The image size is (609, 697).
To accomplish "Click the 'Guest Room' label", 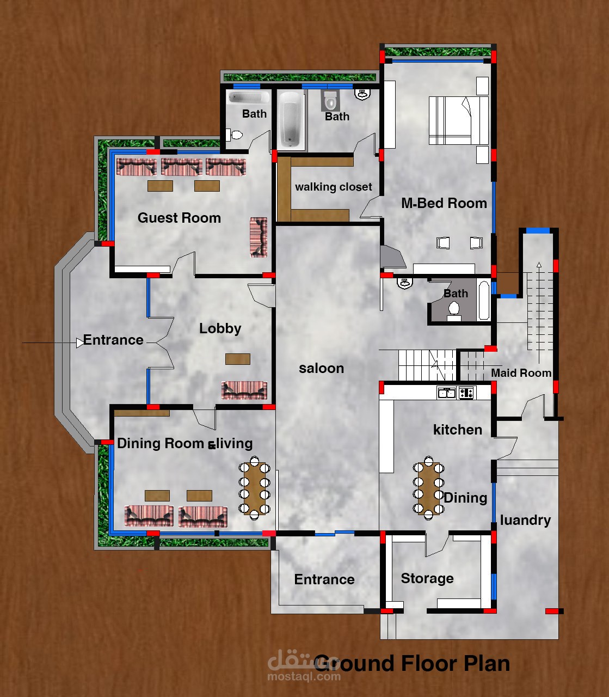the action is [x=179, y=218].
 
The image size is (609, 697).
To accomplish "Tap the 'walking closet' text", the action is [x=333, y=187].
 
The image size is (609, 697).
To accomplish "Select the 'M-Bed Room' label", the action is [x=444, y=203].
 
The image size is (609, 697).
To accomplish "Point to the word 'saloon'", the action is [x=321, y=368].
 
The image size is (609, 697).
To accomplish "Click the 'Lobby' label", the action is [x=220, y=329].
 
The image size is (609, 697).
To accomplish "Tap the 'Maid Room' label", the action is [x=521, y=373].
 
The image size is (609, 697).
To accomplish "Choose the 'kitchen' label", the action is [x=458, y=430].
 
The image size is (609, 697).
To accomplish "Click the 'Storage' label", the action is [x=427, y=578].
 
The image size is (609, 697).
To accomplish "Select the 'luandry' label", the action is [x=525, y=520].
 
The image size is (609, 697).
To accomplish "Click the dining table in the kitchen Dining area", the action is [x=428, y=488].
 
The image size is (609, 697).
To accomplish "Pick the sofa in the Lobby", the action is [x=244, y=390].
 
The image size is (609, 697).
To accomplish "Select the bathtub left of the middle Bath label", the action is [x=291, y=120].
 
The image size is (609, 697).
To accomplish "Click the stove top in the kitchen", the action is [x=466, y=393].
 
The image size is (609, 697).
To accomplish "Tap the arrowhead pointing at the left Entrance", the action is [x=79, y=343].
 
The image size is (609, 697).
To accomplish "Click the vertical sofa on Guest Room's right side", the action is [x=259, y=237].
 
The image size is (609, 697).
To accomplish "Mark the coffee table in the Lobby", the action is [x=238, y=359].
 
